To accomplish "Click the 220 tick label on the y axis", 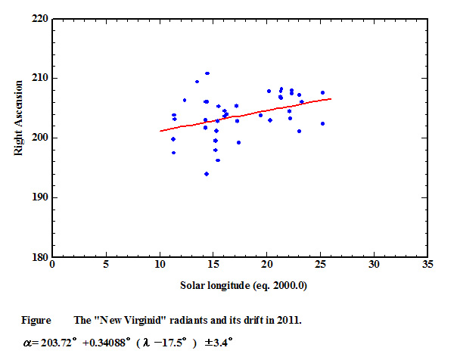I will pyautogui.click(x=39, y=18).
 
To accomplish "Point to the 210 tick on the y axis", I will pyautogui.click(x=39, y=78).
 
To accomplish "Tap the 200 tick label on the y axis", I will pyautogui.click(x=39, y=138).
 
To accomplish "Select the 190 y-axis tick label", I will pyautogui.click(x=39, y=197).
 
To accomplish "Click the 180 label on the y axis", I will pyautogui.click(x=39, y=257).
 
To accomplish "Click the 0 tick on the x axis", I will pyautogui.click(x=52, y=265).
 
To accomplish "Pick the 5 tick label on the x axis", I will pyautogui.click(x=106, y=265).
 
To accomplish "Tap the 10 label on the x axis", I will pyautogui.click(x=160, y=265).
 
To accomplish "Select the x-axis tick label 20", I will pyautogui.click(x=267, y=265).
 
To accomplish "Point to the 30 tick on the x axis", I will pyautogui.click(x=375, y=265).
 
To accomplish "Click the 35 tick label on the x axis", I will pyautogui.click(x=428, y=265).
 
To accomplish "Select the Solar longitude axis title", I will pyautogui.click(x=240, y=285).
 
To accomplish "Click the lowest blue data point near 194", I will pyautogui.click(x=206, y=173).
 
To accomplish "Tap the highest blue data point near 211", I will pyautogui.click(x=207, y=73).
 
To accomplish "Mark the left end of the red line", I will pyautogui.click(x=160, y=131).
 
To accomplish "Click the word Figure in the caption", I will pyautogui.click(x=35, y=320).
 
